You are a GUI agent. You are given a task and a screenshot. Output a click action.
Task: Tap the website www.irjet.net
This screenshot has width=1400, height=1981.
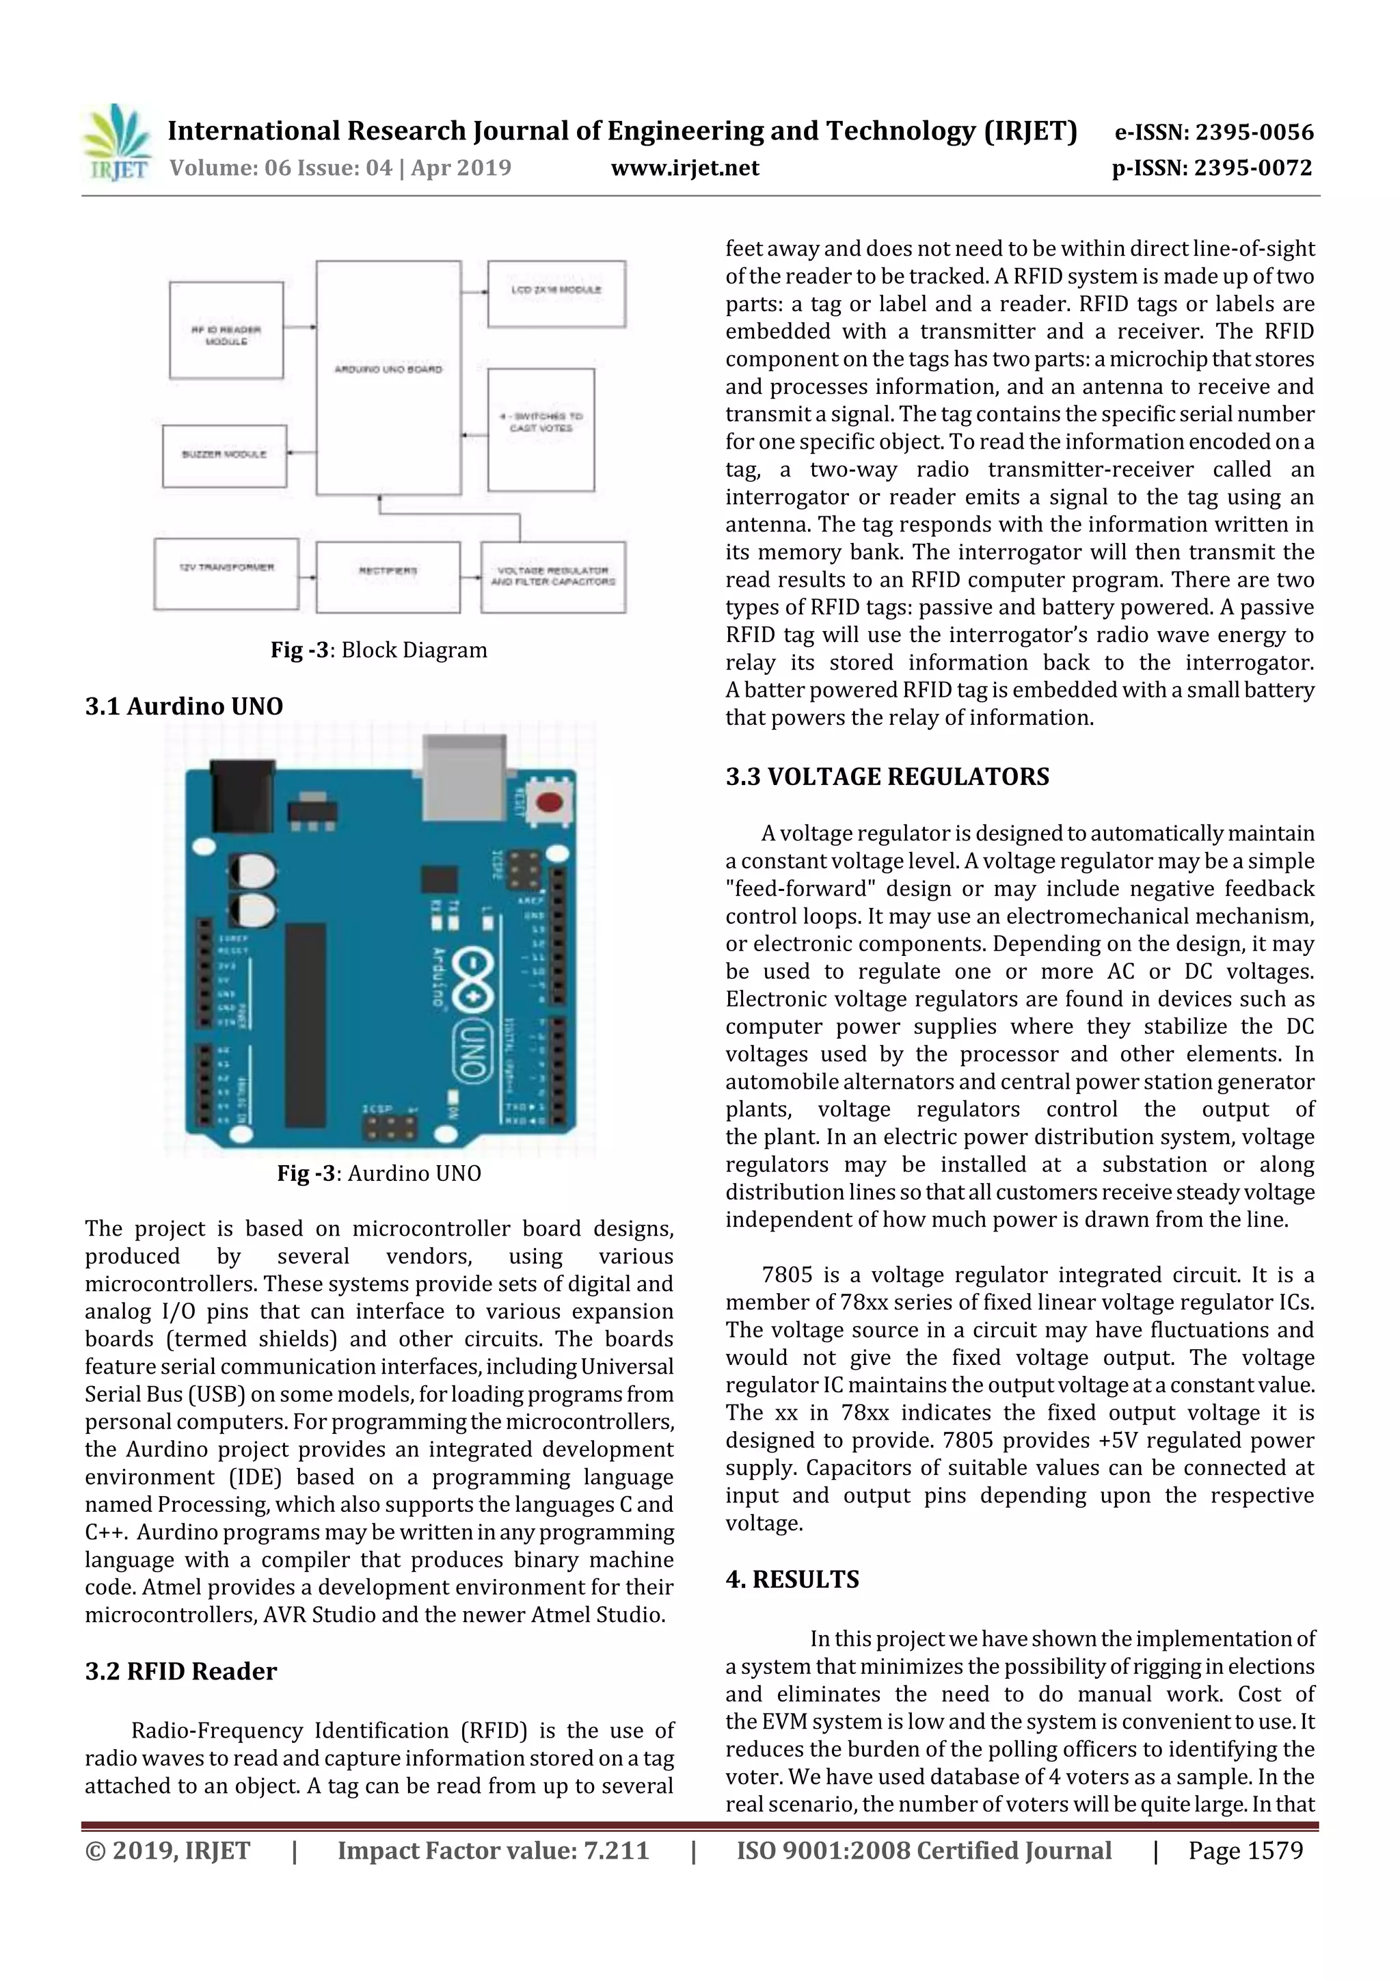(x=685, y=168)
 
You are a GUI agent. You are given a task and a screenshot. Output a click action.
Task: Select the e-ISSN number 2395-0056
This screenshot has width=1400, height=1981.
(x=1213, y=132)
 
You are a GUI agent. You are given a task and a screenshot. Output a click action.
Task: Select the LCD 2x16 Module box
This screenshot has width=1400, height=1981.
(x=556, y=294)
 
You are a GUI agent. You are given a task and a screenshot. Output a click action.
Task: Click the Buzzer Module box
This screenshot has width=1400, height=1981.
(x=224, y=455)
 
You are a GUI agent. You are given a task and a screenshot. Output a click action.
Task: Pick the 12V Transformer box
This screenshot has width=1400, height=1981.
(x=226, y=574)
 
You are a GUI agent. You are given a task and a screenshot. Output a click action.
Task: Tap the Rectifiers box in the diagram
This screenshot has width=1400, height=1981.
(x=388, y=576)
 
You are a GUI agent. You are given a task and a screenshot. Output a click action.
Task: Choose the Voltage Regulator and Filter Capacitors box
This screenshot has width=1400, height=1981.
(x=553, y=576)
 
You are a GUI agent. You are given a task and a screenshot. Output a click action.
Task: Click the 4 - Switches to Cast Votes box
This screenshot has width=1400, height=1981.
(x=541, y=429)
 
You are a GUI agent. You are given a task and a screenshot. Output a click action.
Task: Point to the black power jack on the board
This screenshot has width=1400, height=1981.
(x=243, y=797)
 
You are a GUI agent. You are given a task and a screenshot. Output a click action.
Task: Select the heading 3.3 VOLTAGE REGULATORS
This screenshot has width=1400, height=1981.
(x=887, y=777)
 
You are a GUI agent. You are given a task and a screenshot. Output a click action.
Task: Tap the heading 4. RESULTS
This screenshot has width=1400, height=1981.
(x=792, y=1579)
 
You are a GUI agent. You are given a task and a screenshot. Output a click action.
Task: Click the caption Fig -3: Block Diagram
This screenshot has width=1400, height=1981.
(x=379, y=650)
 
